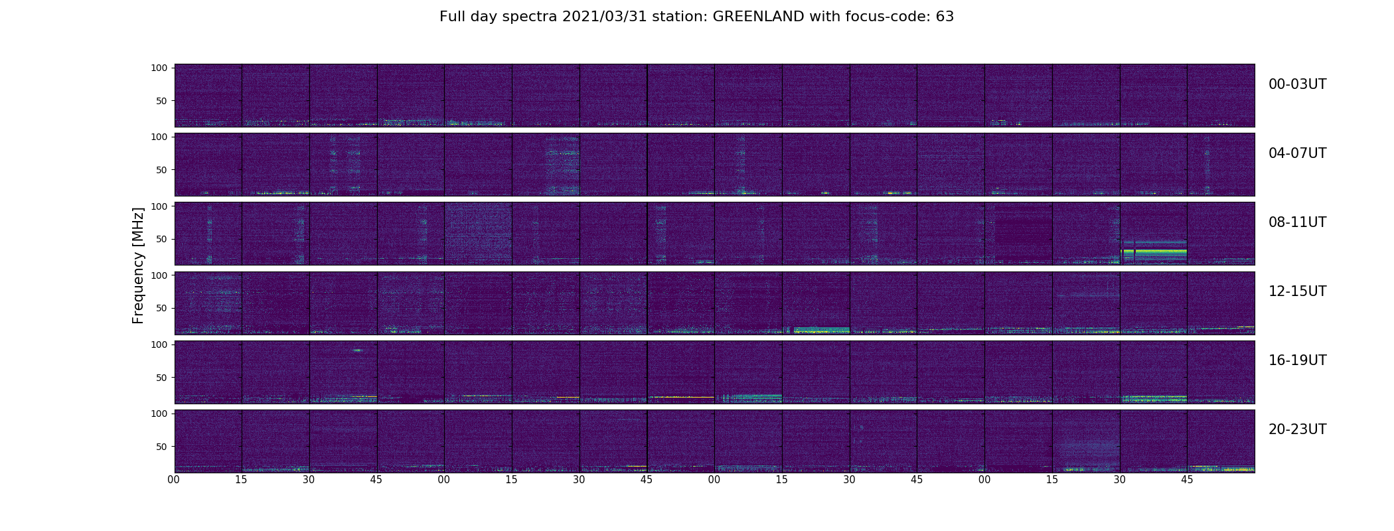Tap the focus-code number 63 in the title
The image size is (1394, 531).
[945, 17]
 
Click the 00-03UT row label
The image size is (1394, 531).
[1297, 84]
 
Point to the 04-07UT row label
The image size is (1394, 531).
[1297, 153]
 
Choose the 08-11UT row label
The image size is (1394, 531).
[1297, 222]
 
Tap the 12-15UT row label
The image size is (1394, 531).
[1297, 291]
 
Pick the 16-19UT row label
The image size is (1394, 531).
[1297, 360]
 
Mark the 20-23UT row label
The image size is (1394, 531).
[1297, 429]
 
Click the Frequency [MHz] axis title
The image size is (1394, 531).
[138, 265]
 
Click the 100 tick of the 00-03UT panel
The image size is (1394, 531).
[159, 68]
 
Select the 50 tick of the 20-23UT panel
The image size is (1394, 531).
[161, 447]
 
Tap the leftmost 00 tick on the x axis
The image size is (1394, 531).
[174, 479]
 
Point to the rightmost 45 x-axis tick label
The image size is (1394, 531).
[1187, 479]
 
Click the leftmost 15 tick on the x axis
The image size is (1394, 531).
[241, 479]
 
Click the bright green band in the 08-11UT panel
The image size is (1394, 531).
[1155, 252]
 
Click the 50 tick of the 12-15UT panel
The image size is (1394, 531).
[161, 308]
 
